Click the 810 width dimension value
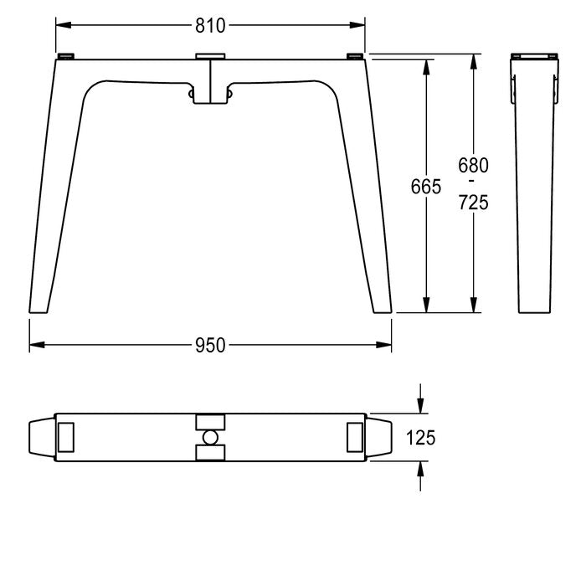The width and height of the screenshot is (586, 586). click(x=210, y=26)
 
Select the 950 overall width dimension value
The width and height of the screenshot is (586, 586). click(x=210, y=345)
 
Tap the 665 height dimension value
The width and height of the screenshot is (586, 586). click(x=426, y=187)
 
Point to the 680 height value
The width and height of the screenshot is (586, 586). click(x=473, y=165)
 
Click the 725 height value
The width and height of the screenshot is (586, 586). click(x=474, y=203)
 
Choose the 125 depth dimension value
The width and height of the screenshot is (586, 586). click(x=421, y=438)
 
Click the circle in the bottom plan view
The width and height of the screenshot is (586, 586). click(x=210, y=438)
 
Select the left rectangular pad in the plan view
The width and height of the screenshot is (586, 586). click(x=66, y=437)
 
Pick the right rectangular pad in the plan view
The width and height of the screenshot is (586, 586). click(x=355, y=437)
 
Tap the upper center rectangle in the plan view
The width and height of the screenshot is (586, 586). click(x=210, y=422)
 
